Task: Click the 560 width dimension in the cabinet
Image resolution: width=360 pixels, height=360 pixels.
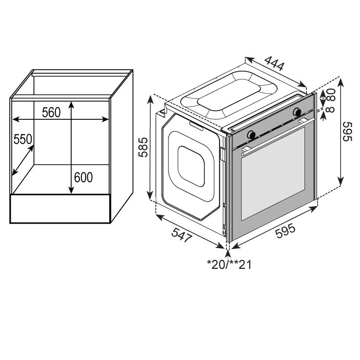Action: click(x=51, y=112)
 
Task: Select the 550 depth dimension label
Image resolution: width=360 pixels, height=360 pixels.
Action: click(x=23, y=139)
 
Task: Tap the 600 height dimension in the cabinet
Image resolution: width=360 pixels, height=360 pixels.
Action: click(x=83, y=177)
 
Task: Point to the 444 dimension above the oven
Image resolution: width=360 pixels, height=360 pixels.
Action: click(x=274, y=63)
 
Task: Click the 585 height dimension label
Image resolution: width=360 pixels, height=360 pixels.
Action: click(x=143, y=147)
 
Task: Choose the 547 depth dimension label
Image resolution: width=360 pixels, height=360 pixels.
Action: click(x=181, y=234)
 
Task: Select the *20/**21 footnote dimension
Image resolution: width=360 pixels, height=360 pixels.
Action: click(x=229, y=265)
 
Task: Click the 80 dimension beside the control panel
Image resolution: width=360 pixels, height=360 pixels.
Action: click(x=331, y=94)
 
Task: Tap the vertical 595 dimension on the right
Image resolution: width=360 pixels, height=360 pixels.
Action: click(x=347, y=132)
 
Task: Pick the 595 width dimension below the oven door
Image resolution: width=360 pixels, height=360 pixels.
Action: click(x=285, y=231)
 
